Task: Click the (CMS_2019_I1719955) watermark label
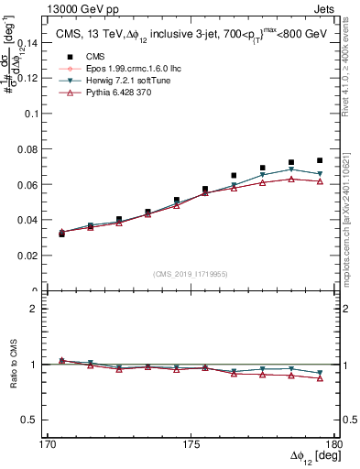pyautogui.click(x=190, y=273)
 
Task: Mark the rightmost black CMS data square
pyautogui.click(x=320, y=160)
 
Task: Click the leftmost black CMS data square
pyautogui.click(x=62, y=234)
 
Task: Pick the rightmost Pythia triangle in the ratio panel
pyautogui.click(x=320, y=377)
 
